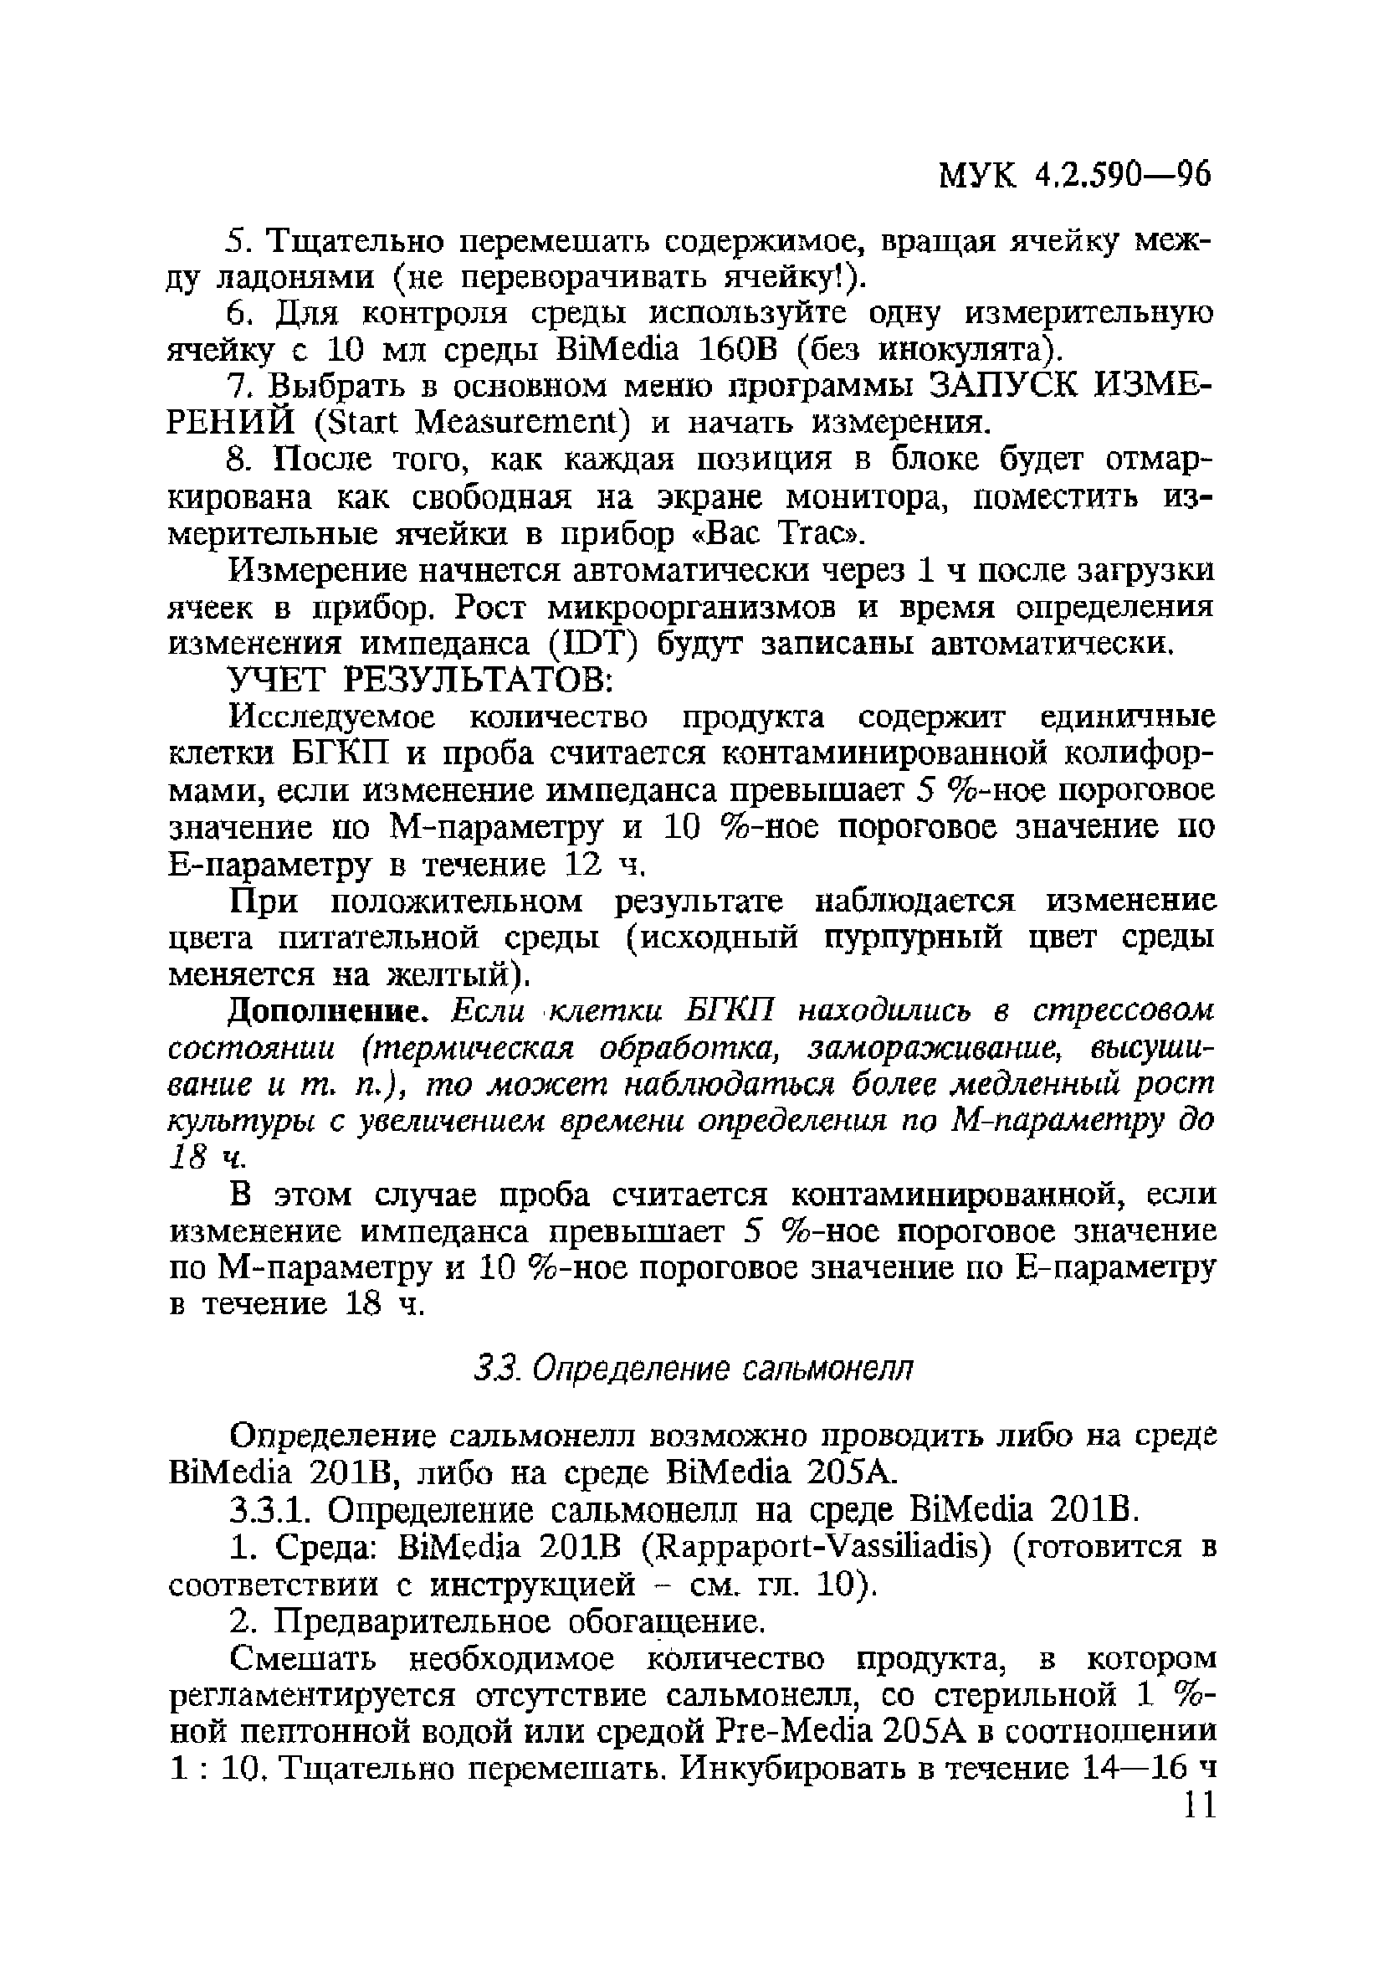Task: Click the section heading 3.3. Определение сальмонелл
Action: point(694,1369)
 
